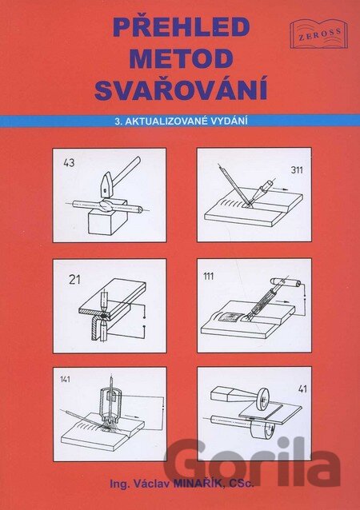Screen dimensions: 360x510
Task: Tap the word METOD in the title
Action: pyautogui.click(x=181, y=58)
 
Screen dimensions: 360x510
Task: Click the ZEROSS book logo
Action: pyautogui.click(x=318, y=34)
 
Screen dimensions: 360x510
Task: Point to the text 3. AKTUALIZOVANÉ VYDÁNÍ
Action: pyautogui.click(x=181, y=121)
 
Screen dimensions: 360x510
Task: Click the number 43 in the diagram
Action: pyautogui.click(x=69, y=162)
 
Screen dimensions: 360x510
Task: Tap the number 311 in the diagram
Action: pyautogui.click(x=297, y=169)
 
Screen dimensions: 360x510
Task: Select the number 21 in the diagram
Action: pyautogui.click(x=74, y=280)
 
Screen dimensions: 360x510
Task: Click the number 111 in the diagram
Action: pyautogui.click(x=208, y=276)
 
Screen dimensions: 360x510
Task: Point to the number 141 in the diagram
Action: pyautogui.click(x=65, y=379)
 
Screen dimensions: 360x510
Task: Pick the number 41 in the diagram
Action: pyautogui.click(x=302, y=388)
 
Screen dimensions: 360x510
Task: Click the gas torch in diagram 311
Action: pyautogui.click(x=264, y=190)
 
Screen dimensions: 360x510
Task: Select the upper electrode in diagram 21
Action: pyautogui.click(x=104, y=301)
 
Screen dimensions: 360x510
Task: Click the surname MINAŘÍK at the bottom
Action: pyautogui.click(x=198, y=484)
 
